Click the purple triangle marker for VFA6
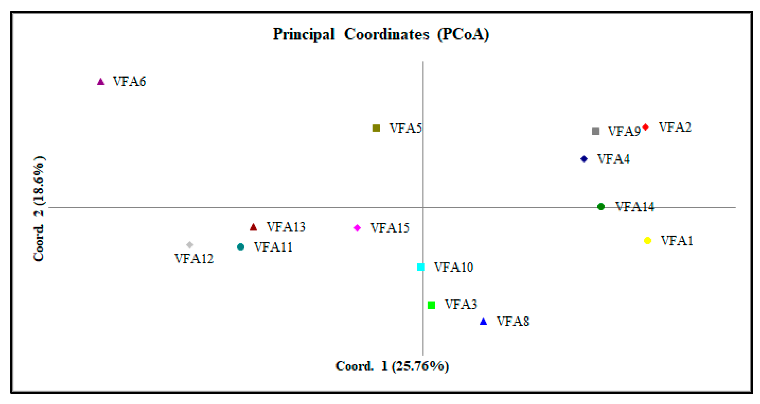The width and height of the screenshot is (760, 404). pos(101,82)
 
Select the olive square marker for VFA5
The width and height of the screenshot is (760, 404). pos(376,128)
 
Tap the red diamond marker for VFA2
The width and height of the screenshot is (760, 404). pos(645,127)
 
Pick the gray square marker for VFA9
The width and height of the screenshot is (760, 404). pos(595,131)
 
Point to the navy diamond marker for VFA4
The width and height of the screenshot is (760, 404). pos(584,159)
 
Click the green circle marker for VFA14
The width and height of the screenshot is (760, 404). pos(601,207)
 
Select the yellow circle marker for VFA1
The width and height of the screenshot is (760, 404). pos(647,241)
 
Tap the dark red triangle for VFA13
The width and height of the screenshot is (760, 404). pos(253,227)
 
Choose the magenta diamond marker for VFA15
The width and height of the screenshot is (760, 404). pos(357,228)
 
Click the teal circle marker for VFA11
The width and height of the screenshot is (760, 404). pos(241,247)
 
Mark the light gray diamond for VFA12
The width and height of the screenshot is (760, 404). pos(190,245)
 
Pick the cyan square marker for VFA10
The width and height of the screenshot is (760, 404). pos(421,267)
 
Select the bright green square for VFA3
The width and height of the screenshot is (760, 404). pos(431,305)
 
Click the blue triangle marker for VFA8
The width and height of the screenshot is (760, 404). pos(483,321)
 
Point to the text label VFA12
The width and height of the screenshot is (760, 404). pos(194,259)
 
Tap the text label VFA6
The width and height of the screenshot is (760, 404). pos(129,81)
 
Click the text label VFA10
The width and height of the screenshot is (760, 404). pos(454,267)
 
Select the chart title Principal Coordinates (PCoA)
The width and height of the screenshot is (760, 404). pos(381,34)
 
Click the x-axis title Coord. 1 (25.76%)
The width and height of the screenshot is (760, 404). pos(392,366)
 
